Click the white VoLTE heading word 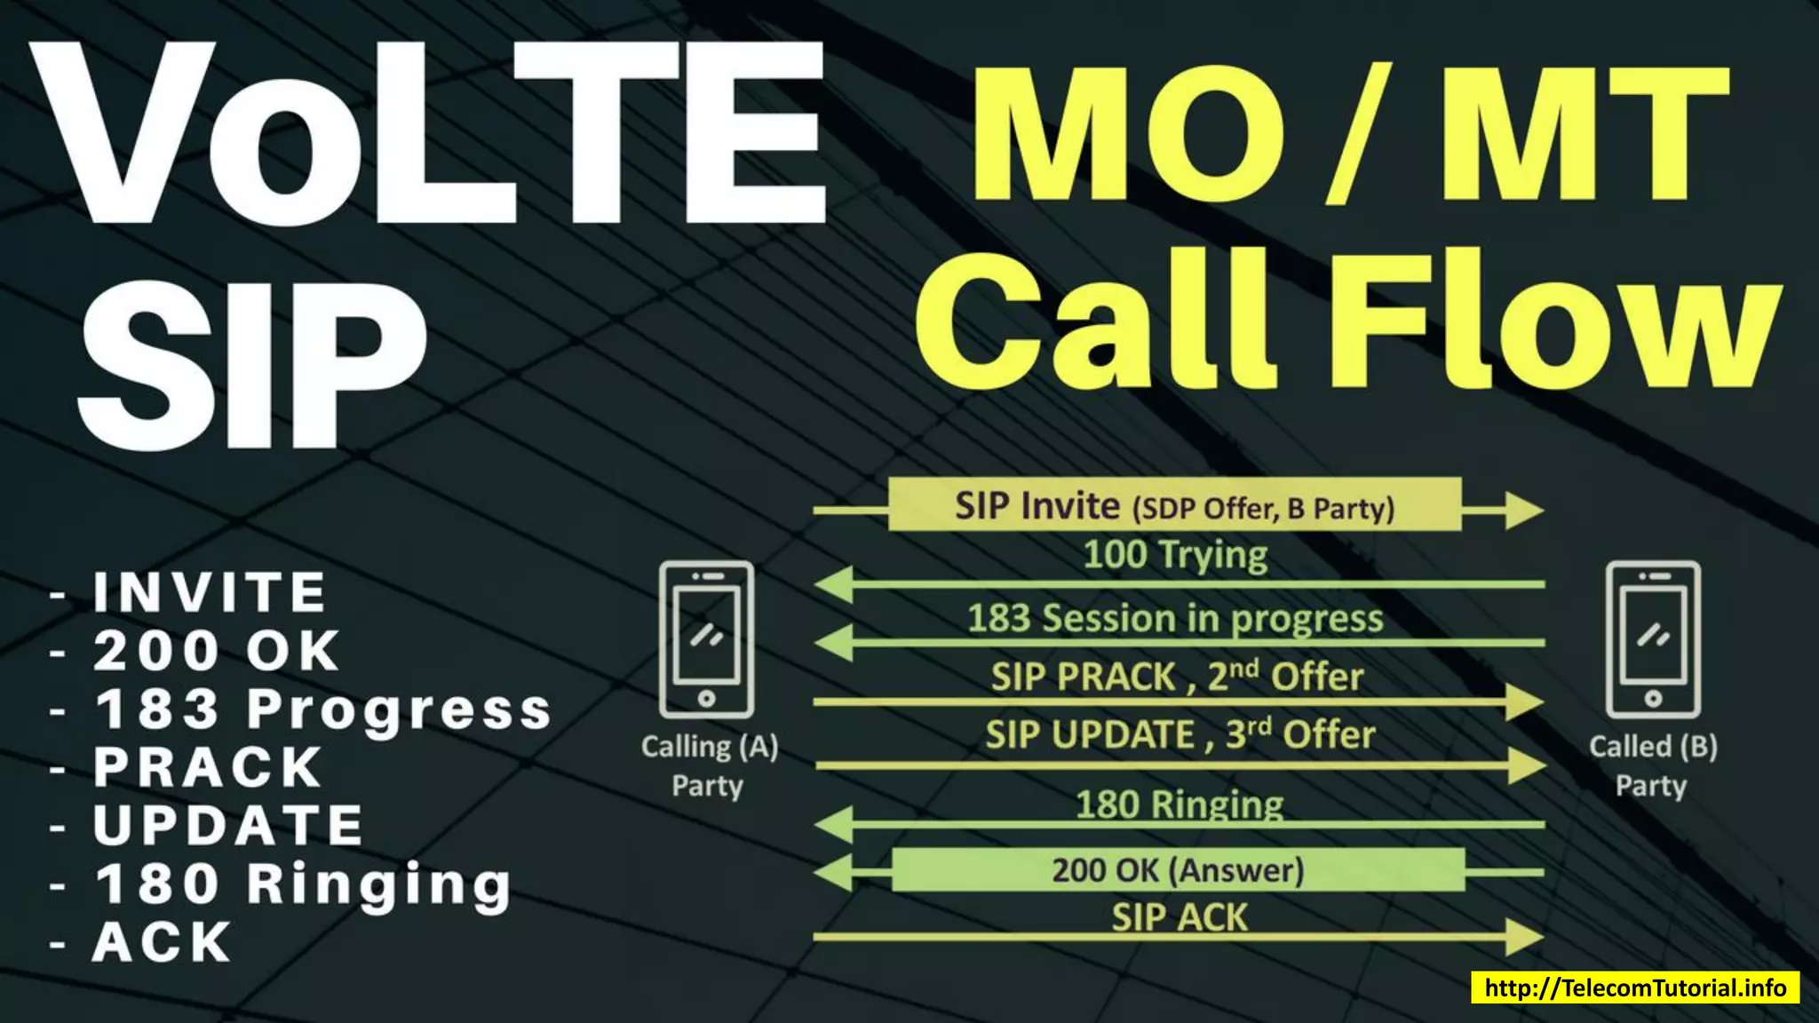click(426, 133)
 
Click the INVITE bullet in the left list click(210, 592)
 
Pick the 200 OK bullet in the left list click(217, 651)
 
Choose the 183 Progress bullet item click(323, 710)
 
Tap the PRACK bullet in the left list click(208, 767)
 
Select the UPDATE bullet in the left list click(228, 826)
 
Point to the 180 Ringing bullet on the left click(304, 884)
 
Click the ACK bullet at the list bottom click(163, 942)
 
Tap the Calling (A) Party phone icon click(706, 639)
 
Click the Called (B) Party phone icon click(1653, 639)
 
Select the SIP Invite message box click(1174, 505)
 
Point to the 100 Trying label click(1175, 555)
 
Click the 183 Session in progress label click(1175, 619)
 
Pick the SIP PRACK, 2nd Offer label click(1177, 677)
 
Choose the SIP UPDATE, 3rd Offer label click(1180, 735)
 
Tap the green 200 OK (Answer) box click(1178, 870)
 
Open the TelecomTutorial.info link click(1635, 988)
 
